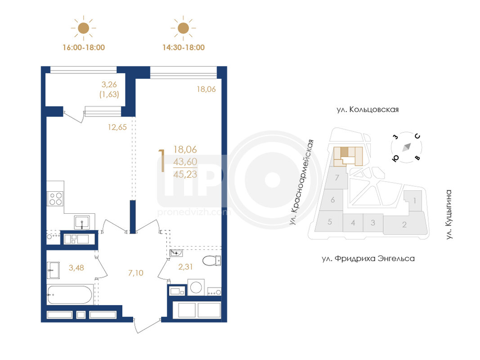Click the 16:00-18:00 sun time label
tap(84, 47)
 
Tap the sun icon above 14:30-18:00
tap(184, 28)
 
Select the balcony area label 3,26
tap(109, 85)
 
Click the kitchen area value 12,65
tap(117, 127)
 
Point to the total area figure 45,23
tap(185, 175)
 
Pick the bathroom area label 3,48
tap(76, 268)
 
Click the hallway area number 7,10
tap(135, 273)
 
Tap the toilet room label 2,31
tap(185, 267)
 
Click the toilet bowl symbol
tap(211, 261)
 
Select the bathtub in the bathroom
tap(70, 295)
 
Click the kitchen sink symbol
tap(82, 222)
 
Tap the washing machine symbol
tap(196, 288)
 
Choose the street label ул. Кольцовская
tap(368, 110)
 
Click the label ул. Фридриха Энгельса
tap(368, 259)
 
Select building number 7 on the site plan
tap(337, 178)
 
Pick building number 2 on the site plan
tap(404, 225)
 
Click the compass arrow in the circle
tap(407, 147)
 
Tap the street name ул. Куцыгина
tap(449, 215)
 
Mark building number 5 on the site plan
tap(330, 222)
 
